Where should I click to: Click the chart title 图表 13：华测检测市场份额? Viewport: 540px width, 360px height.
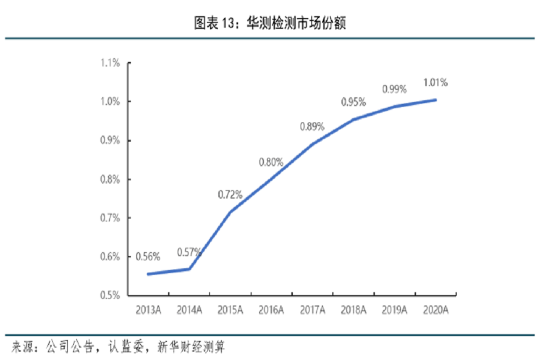click(x=270, y=24)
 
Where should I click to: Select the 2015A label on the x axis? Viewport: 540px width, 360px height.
click(x=230, y=310)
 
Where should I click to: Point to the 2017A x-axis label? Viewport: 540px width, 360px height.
click(x=312, y=310)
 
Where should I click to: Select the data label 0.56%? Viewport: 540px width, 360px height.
click(x=148, y=257)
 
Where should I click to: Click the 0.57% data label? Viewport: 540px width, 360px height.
click(x=189, y=253)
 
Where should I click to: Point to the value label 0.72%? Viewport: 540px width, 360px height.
click(x=230, y=194)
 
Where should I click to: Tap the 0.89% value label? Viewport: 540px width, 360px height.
click(x=312, y=127)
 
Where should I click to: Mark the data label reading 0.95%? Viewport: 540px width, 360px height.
click(x=353, y=103)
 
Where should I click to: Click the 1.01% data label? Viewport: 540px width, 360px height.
click(x=436, y=82)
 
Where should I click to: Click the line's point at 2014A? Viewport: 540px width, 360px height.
click(x=189, y=269)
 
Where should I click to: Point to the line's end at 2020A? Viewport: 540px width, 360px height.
click(x=436, y=100)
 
